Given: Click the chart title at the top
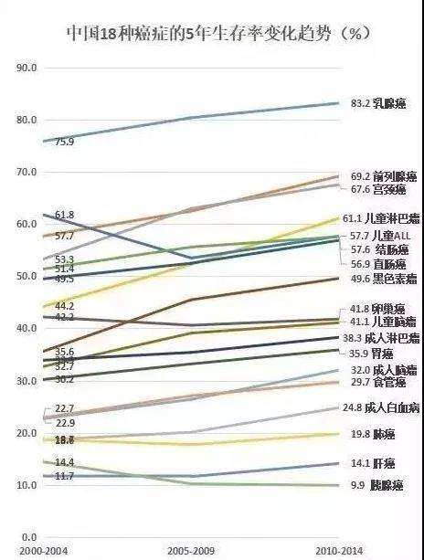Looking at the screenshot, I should click(212, 34).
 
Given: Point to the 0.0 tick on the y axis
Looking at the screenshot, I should click(26, 537).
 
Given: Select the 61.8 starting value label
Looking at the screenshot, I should click(65, 216).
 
